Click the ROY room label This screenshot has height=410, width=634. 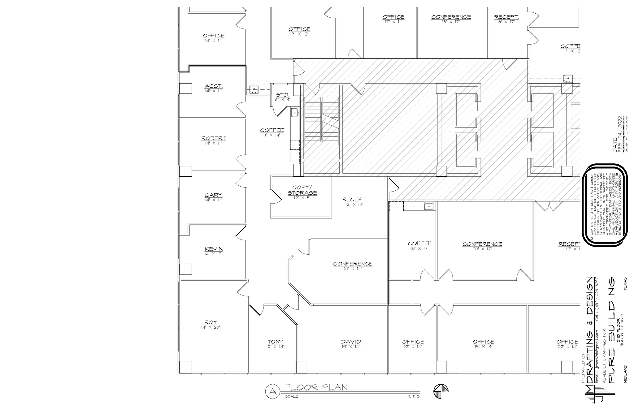211,322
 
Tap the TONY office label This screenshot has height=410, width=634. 275,342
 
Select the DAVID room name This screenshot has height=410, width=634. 351,342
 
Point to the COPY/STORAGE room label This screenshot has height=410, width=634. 302,190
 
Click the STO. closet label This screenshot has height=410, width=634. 282,95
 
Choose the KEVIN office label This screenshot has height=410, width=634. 213,249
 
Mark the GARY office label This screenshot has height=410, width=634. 213,195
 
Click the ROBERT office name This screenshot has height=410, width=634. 213,138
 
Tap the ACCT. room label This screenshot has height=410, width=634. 213,86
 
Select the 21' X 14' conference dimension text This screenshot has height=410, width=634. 353,269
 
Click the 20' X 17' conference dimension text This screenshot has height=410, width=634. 482,249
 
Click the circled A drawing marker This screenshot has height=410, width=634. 272,391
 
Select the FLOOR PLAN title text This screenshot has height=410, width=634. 316,387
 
